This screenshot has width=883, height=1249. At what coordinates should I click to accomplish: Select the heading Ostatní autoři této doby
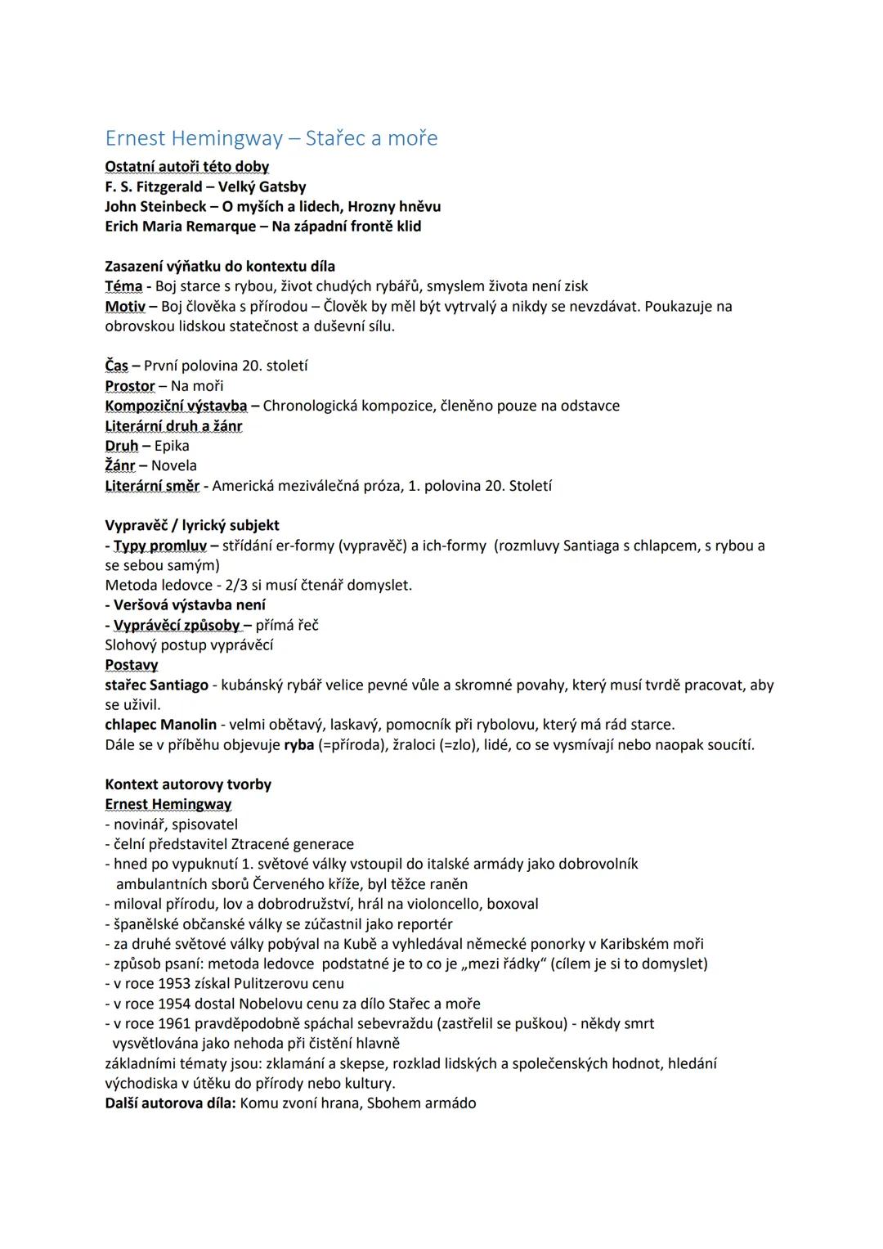(186, 167)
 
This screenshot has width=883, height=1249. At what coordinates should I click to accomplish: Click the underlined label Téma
(123, 286)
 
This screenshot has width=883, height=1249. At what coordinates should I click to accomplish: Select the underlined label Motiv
(124, 307)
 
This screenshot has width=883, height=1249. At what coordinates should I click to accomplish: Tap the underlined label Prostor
(129, 386)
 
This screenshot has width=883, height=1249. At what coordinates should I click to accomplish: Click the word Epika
(172, 446)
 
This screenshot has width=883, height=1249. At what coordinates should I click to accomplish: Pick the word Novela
(174, 465)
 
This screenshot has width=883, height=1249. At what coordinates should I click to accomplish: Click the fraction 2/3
(237, 586)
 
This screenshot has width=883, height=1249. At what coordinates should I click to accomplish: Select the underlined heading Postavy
(131, 665)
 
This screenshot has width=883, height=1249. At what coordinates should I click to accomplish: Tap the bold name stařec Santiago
(156, 685)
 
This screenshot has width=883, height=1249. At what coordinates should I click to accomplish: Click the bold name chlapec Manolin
(160, 725)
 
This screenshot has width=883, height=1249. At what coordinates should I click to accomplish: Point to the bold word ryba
(298, 745)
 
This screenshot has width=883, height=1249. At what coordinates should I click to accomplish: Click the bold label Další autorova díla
(170, 1103)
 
